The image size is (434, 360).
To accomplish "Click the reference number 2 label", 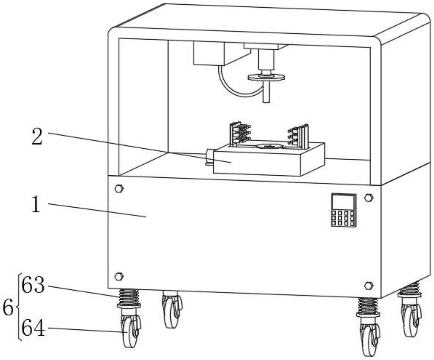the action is coord(37,136).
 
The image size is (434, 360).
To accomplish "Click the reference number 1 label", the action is coord(36,205).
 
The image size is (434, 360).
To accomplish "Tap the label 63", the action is coord(33,285).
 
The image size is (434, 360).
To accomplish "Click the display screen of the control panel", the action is coord(343,202).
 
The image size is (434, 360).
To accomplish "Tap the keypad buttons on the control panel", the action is coord(343,219).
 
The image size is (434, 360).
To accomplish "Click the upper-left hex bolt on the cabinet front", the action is coord(119,189).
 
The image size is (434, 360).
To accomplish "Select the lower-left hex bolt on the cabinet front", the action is coord(119,276).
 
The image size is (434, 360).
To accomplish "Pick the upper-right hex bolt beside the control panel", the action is coord(369,198).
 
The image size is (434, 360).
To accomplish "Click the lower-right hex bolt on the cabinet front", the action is coord(369,286).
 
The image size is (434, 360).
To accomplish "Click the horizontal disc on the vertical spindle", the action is coord(266,77).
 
